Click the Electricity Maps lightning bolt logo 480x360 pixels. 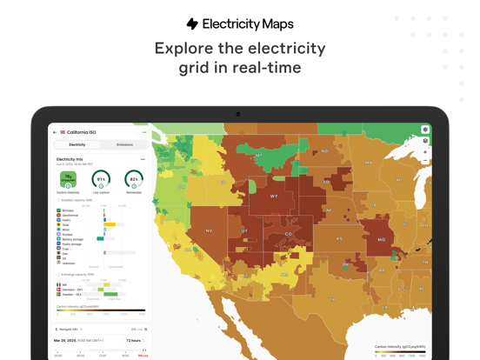click(x=192, y=24)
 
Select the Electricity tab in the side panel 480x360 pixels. click(x=77, y=144)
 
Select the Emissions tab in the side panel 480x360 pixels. click(x=124, y=144)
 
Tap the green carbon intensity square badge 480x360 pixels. click(x=68, y=179)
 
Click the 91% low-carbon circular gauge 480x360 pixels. click(x=101, y=179)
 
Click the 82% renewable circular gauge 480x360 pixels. click(x=134, y=179)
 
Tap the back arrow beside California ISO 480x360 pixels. click(x=55, y=132)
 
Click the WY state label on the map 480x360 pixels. click(x=274, y=197)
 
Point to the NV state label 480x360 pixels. click(x=209, y=230)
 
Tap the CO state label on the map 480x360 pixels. click(x=290, y=234)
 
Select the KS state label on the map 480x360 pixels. click(x=339, y=238)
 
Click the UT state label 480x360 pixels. click(x=245, y=230)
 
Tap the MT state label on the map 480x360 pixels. click(x=258, y=156)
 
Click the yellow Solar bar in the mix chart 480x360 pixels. click(x=110, y=224)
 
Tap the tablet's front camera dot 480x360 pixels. click(x=238, y=114)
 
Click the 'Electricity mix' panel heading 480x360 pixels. click(x=70, y=159)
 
